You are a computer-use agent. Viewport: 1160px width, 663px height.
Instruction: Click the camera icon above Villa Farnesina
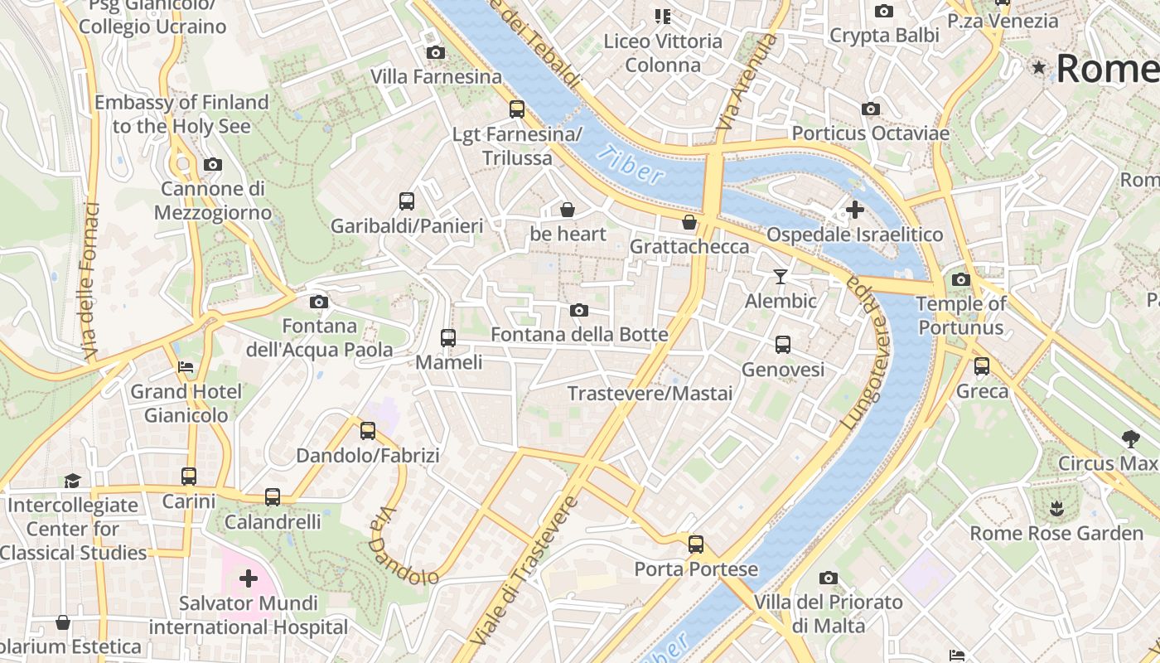click(x=435, y=53)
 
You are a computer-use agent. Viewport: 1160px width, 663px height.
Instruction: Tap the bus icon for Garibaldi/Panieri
click(x=407, y=201)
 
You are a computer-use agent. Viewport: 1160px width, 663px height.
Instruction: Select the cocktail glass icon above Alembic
click(x=781, y=276)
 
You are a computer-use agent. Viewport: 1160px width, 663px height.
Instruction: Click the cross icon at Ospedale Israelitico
click(x=855, y=210)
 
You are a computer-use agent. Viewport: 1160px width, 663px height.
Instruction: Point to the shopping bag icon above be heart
click(x=568, y=210)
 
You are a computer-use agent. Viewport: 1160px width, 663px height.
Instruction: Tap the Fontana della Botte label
click(x=579, y=335)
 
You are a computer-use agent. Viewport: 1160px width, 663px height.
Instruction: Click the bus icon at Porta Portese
click(x=696, y=544)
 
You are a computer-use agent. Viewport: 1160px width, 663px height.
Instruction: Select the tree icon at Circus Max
click(x=1130, y=438)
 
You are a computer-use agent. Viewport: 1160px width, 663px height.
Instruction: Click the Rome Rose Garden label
click(x=1056, y=533)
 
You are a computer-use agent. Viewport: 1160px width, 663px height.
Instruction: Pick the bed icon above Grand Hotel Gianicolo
click(x=186, y=366)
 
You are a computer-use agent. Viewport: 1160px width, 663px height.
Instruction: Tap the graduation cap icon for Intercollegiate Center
click(x=73, y=481)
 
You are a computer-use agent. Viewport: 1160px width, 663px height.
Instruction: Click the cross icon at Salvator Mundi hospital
click(x=248, y=578)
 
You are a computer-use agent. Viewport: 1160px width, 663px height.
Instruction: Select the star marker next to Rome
click(x=1039, y=68)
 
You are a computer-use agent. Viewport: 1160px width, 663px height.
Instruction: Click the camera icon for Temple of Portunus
click(x=961, y=280)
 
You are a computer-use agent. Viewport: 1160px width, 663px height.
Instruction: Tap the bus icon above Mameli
click(x=448, y=337)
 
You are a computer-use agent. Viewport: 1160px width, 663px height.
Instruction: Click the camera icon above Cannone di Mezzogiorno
click(x=213, y=165)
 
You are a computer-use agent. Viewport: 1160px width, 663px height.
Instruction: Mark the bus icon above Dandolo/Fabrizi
click(x=368, y=431)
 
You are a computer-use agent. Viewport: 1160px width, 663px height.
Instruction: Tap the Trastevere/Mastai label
click(x=650, y=393)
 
